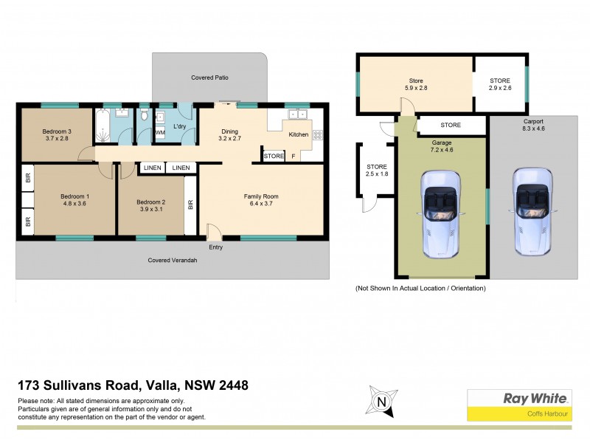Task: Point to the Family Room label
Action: pos(261,196)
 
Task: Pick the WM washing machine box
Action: pos(160,133)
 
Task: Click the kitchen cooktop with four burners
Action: pos(318,134)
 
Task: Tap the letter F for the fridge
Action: pos(293,157)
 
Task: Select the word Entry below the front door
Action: pos(215,247)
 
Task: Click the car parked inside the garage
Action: pos(440,214)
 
